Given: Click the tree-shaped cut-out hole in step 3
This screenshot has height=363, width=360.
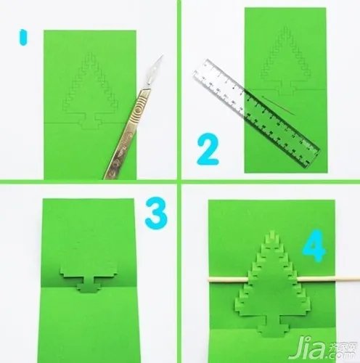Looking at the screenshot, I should (91, 283).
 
